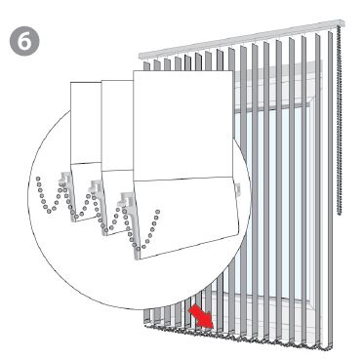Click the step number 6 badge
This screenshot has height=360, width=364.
tap(24, 41)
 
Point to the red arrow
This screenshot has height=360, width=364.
tap(201, 316)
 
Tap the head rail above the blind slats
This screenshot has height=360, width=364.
tap(242, 39)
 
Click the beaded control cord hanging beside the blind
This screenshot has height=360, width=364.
tap(340, 121)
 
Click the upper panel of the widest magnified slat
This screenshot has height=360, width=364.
tap(182, 125)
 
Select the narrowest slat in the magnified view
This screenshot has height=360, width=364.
tap(86, 151)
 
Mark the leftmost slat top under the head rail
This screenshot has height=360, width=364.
tap(146, 65)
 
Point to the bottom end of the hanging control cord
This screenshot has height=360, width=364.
tap(340, 214)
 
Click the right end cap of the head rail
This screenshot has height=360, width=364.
tap(342, 23)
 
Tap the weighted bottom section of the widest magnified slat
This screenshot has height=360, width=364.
tap(186, 217)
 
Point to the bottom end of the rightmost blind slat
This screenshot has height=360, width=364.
tap(330, 348)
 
